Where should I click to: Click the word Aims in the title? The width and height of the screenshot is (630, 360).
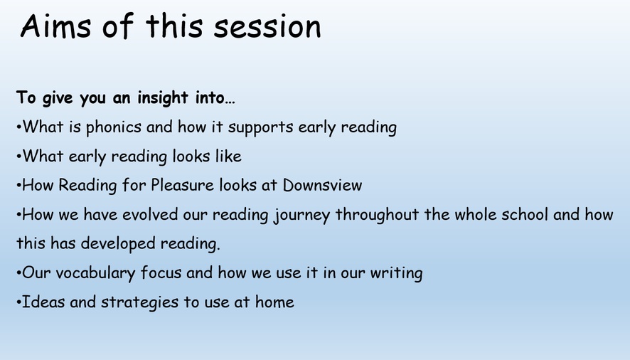56,26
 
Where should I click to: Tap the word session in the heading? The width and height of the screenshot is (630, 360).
267,26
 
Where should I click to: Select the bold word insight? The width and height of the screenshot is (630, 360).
163,98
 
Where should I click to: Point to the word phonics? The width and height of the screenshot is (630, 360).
114,127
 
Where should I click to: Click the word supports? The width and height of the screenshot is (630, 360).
261,127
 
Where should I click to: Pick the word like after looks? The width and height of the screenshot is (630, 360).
228,156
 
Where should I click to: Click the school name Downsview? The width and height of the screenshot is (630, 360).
322,185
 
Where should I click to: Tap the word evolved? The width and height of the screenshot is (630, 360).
150,214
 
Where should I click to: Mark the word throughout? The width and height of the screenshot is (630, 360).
378,215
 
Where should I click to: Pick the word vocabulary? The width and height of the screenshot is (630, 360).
95,273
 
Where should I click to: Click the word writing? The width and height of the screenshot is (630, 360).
396,273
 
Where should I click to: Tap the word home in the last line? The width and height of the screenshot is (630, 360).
274,302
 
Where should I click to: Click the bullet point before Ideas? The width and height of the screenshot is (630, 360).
18,302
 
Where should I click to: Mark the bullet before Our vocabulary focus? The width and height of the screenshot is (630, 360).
18,273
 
